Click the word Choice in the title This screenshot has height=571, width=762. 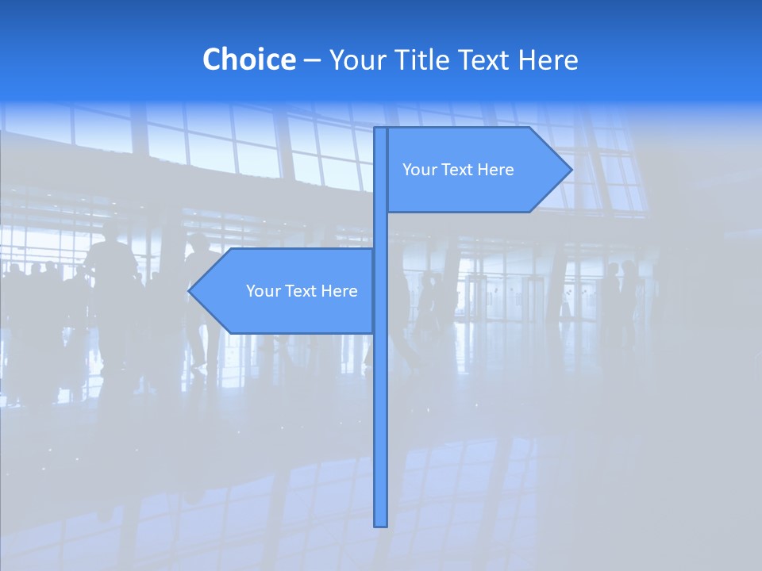pyautogui.click(x=248, y=59)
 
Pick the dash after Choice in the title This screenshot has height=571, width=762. pyautogui.click(x=312, y=61)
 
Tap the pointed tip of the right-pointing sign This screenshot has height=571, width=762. pyautogui.click(x=569, y=169)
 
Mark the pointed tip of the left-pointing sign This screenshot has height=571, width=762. pyautogui.click(x=191, y=291)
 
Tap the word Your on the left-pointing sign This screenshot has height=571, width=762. pyautogui.click(x=263, y=291)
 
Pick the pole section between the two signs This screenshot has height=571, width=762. pyautogui.click(x=380, y=231)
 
